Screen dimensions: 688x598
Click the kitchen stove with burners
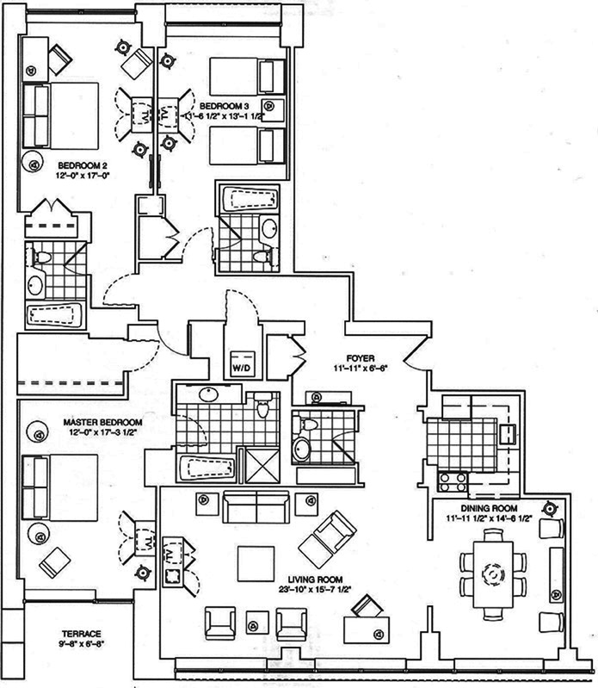pyautogui.click(x=452, y=478)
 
